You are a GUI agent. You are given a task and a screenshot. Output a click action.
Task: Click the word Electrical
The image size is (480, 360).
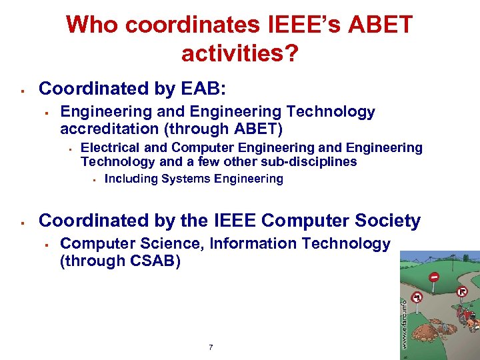pyautogui.click(x=111, y=147)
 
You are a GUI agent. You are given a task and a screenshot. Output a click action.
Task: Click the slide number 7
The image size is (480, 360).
pyautogui.click(x=211, y=347)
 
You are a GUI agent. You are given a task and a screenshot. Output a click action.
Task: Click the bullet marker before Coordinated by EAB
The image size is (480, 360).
pyautogui.click(x=23, y=89)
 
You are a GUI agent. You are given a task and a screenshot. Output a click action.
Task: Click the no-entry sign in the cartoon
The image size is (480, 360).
pyautogui.click(x=434, y=276)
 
